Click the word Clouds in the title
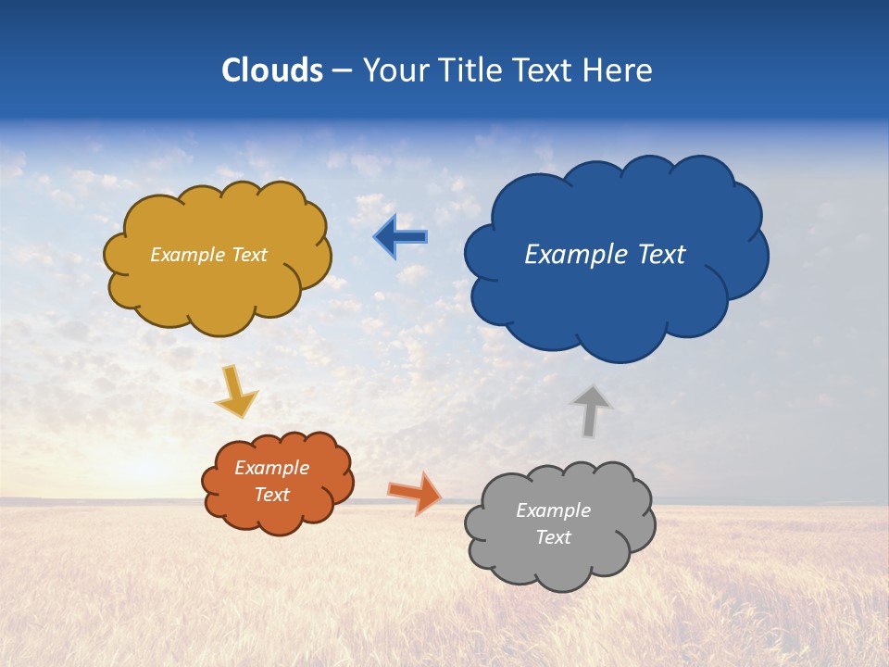tap(272, 70)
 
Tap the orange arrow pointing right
tap(415, 493)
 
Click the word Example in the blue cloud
tap(578, 255)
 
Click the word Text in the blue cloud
tap(661, 255)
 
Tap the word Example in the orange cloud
tap(271, 468)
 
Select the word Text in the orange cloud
tap(272, 495)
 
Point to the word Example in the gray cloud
tap(553, 510)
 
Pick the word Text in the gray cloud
tap(553, 537)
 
